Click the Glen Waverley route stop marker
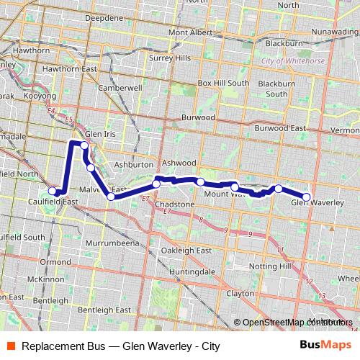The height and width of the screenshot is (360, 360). point(306,197)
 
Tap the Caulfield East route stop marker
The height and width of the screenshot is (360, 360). point(53,191)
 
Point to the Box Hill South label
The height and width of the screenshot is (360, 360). point(223,83)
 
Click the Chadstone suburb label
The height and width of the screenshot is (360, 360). point(175,204)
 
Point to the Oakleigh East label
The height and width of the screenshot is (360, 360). point(186,250)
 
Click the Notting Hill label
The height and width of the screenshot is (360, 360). point(270,266)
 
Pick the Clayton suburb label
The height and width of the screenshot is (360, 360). point(240,294)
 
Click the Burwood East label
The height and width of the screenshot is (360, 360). point(280,127)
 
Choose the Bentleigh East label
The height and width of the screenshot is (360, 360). point(104,310)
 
